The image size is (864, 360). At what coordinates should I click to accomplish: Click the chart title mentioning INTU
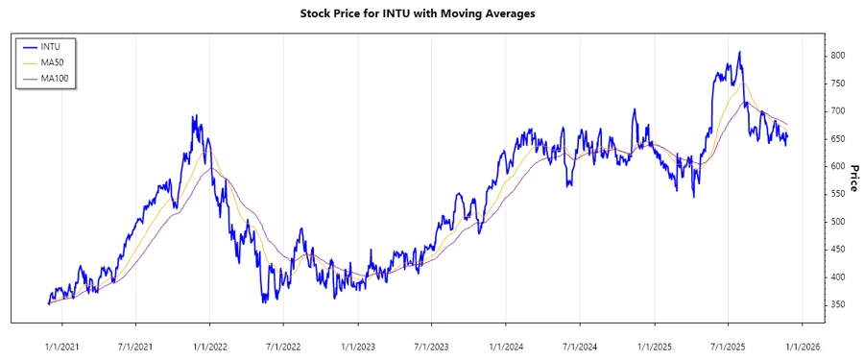pos(431,14)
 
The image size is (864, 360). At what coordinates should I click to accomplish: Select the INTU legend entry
pos(51,46)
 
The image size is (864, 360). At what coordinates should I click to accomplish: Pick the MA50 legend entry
pos(53,61)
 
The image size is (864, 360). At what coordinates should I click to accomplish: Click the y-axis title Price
pos(853,180)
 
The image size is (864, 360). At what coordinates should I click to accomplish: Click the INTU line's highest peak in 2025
pos(739,52)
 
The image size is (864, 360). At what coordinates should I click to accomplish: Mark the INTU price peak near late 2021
pos(195,116)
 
